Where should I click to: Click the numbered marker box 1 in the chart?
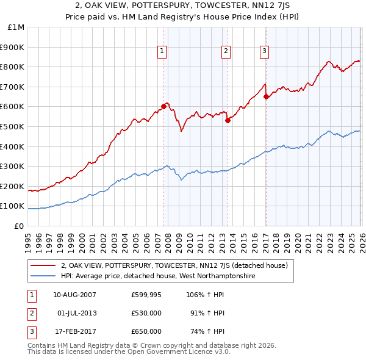(162, 52)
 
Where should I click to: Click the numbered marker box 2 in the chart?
(226, 52)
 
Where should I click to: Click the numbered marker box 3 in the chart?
(265, 52)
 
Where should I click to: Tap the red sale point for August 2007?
(163, 106)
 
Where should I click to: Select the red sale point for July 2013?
(228, 120)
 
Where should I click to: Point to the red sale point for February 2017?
(267, 96)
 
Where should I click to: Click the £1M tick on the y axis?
(17, 27)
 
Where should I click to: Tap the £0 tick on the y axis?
(20, 226)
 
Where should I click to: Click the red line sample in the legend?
(43, 265)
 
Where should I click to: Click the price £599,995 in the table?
(146, 295)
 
